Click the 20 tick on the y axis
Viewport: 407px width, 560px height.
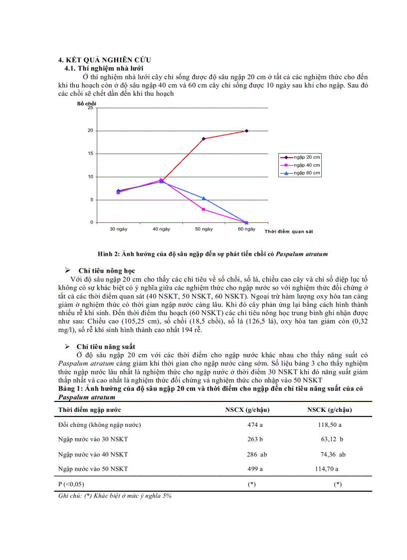click(90, 131)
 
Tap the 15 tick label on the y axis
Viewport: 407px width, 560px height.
click(90, 154)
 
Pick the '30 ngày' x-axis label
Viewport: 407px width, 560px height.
click(118, 229)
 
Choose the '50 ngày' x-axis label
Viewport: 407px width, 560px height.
click(203, 229)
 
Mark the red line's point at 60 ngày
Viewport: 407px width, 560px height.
click(246, 131)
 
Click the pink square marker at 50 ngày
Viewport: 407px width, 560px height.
click(203, 209)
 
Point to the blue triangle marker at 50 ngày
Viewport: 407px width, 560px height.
click(203, 198)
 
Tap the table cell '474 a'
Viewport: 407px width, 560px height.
click(252, 425)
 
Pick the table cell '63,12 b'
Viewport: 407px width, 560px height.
click(332, 439)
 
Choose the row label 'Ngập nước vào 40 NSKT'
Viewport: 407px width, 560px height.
click(93, 454)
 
